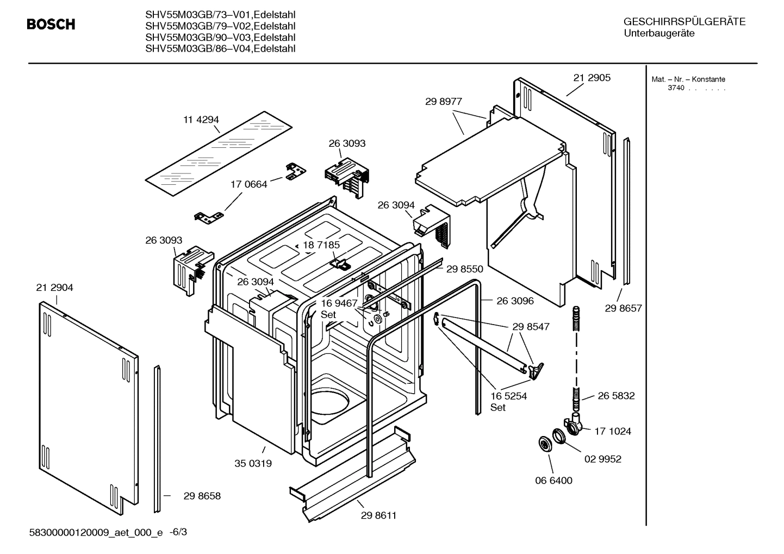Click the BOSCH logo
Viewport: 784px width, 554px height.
pos(51,24)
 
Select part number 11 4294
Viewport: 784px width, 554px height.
pos(201,120)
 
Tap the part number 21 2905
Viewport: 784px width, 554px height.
pos(592,78)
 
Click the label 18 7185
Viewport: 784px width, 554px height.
pos(321,245)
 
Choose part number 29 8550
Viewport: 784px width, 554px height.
pos(464,269)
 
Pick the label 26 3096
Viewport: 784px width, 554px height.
pos(515,301)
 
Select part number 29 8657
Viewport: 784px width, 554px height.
pos(623,308)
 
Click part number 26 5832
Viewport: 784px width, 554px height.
pos(616,396)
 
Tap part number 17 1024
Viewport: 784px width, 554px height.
pos(612,431)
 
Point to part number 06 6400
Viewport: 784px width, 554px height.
pos(553,481)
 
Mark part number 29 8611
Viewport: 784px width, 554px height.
pos(378,515)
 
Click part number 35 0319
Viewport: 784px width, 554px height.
pos(253,464)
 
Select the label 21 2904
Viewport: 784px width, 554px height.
pos(54,288)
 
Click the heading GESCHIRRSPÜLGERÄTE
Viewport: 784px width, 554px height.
pos(684,22)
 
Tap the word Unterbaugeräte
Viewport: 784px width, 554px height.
pos(659,34)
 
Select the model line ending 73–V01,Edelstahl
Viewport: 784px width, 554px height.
pos(220,15)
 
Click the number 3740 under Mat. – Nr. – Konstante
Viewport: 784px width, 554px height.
pos(676,88)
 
